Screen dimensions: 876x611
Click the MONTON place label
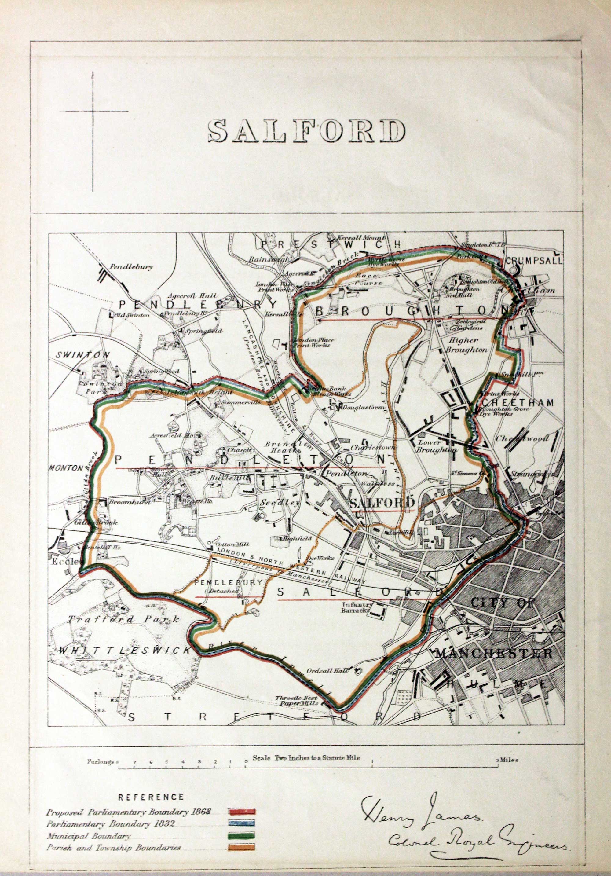(66, 468)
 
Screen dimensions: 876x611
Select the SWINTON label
(82, 354)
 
